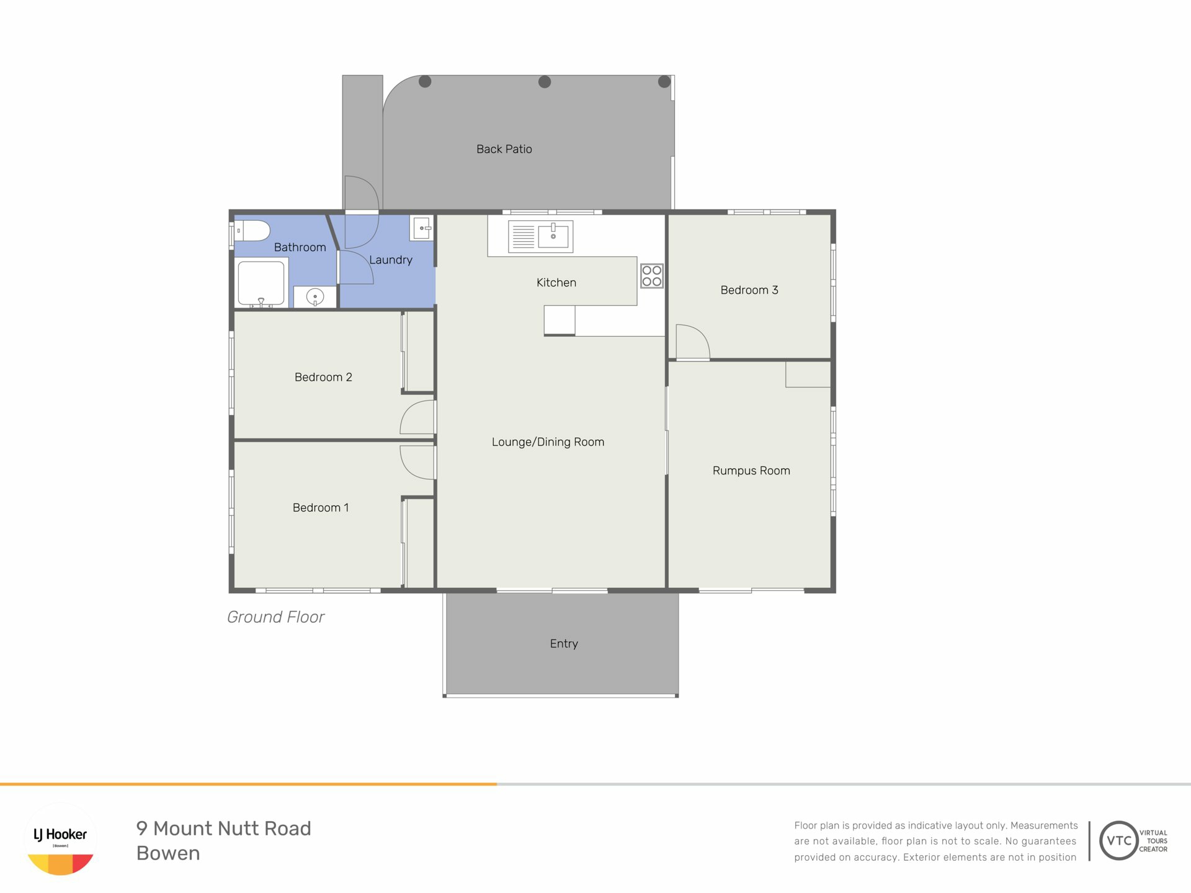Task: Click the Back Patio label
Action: [504, 149]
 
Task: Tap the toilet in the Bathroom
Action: [253, 231]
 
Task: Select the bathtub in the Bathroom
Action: [261, 283]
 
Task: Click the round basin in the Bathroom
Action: [315, 297]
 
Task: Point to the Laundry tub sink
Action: [421, 228]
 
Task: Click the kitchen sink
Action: [540, 236]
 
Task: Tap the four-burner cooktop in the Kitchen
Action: [652, 276]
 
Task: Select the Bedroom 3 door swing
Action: [693, 342]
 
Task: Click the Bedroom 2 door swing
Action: [417, 417]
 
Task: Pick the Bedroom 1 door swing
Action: [417, 463]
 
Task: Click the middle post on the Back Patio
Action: [545, 82]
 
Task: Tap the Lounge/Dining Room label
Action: [548, 442]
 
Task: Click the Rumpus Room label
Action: [751, 471]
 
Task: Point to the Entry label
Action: [564, 644]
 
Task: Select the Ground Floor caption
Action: [275, 617]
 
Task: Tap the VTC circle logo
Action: [1119, 840]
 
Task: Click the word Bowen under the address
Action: [168, 853]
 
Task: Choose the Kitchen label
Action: [556, 283]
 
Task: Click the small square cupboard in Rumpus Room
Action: [808, 375]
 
